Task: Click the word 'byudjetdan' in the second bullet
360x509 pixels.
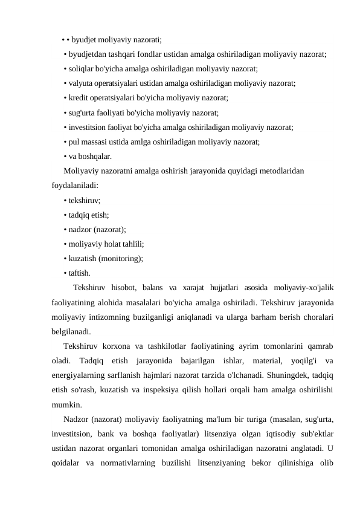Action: point(86,54)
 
